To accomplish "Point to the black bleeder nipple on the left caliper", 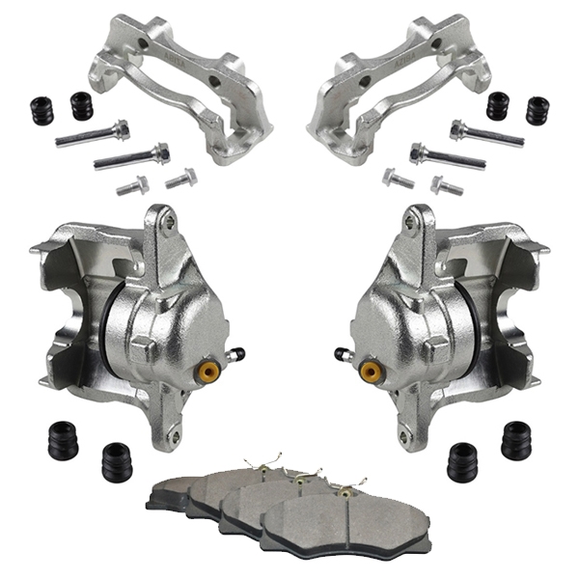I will [238, 354].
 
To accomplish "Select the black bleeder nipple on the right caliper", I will [340, 354].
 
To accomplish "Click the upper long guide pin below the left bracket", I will [93, 134].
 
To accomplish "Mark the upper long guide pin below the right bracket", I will [486, 134].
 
